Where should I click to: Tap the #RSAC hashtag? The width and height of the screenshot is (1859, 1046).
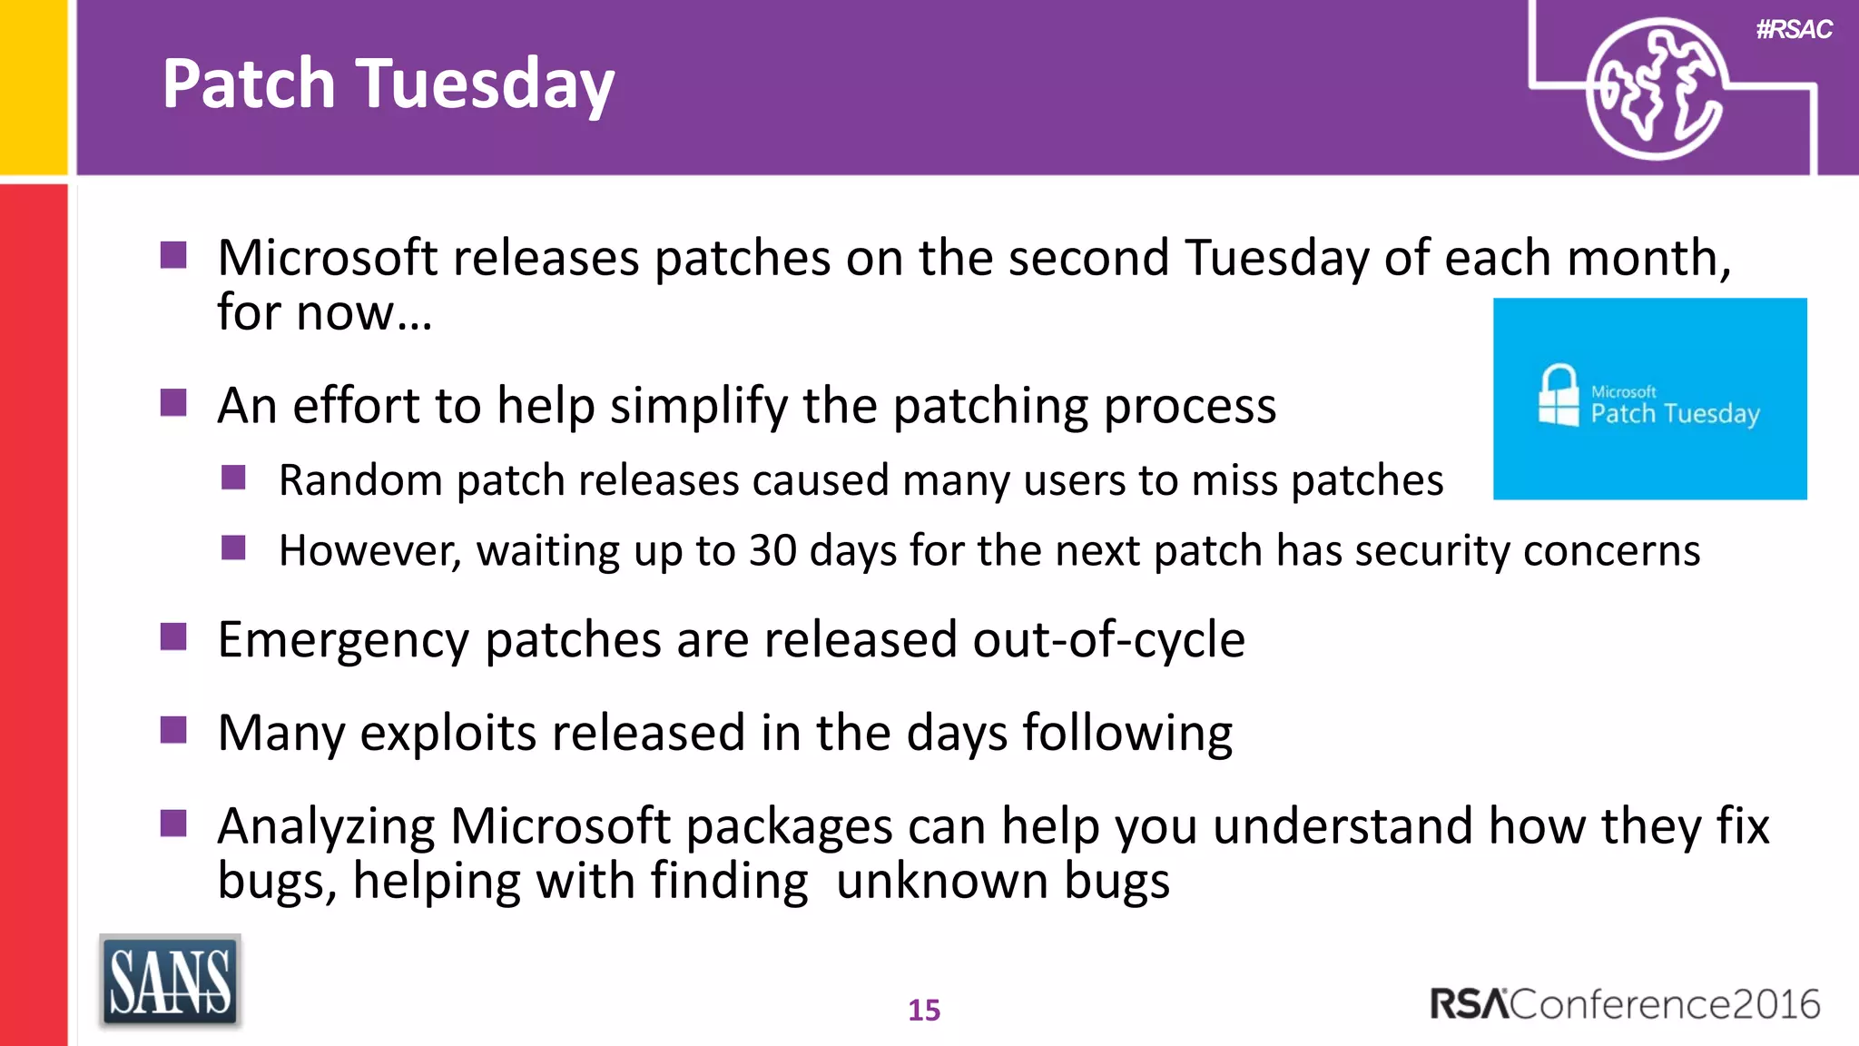pyautogui.click(x=1794, y=29)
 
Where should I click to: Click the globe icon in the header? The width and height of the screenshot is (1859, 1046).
pyautogui.click(x=1654, y=89)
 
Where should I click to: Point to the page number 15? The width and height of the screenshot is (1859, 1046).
pyautogui.click(x=924, y=1010)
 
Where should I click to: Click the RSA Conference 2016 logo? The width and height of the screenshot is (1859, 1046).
pyautogui.click(x=1625, y=1004)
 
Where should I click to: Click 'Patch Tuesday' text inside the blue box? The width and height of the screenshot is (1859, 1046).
pyautogui.click(x=1675, y=414)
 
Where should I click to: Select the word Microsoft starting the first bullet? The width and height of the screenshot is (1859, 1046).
pyautogui.click(x=328, y=258)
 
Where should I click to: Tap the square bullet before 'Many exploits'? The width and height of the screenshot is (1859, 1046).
pyautogui.click(x=173, y=729)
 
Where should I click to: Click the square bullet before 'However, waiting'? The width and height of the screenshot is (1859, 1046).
pyautogui.click(x=233, y=548)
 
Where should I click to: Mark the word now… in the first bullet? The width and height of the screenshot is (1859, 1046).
pyautogui.click(x=364, y=313)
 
